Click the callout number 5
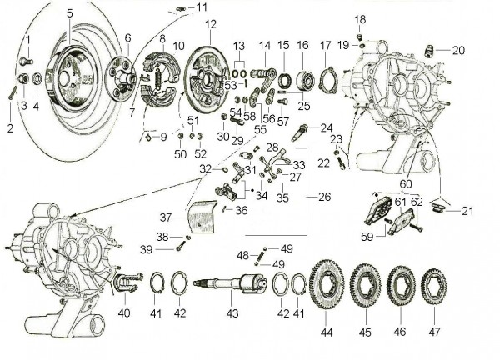pyautogui.click(x=69, y=12)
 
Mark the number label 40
pyautogui.click(x=124, y=313)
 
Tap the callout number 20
pyautogui.click(x=458, y=50)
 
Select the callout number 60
pyautogui.click(x=405, y=183)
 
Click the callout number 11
pyautogui.click(x=202, y=7)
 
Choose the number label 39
pyautogui.click(x=145, y=248)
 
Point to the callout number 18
pyautogui.click(x=360, y=19)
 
